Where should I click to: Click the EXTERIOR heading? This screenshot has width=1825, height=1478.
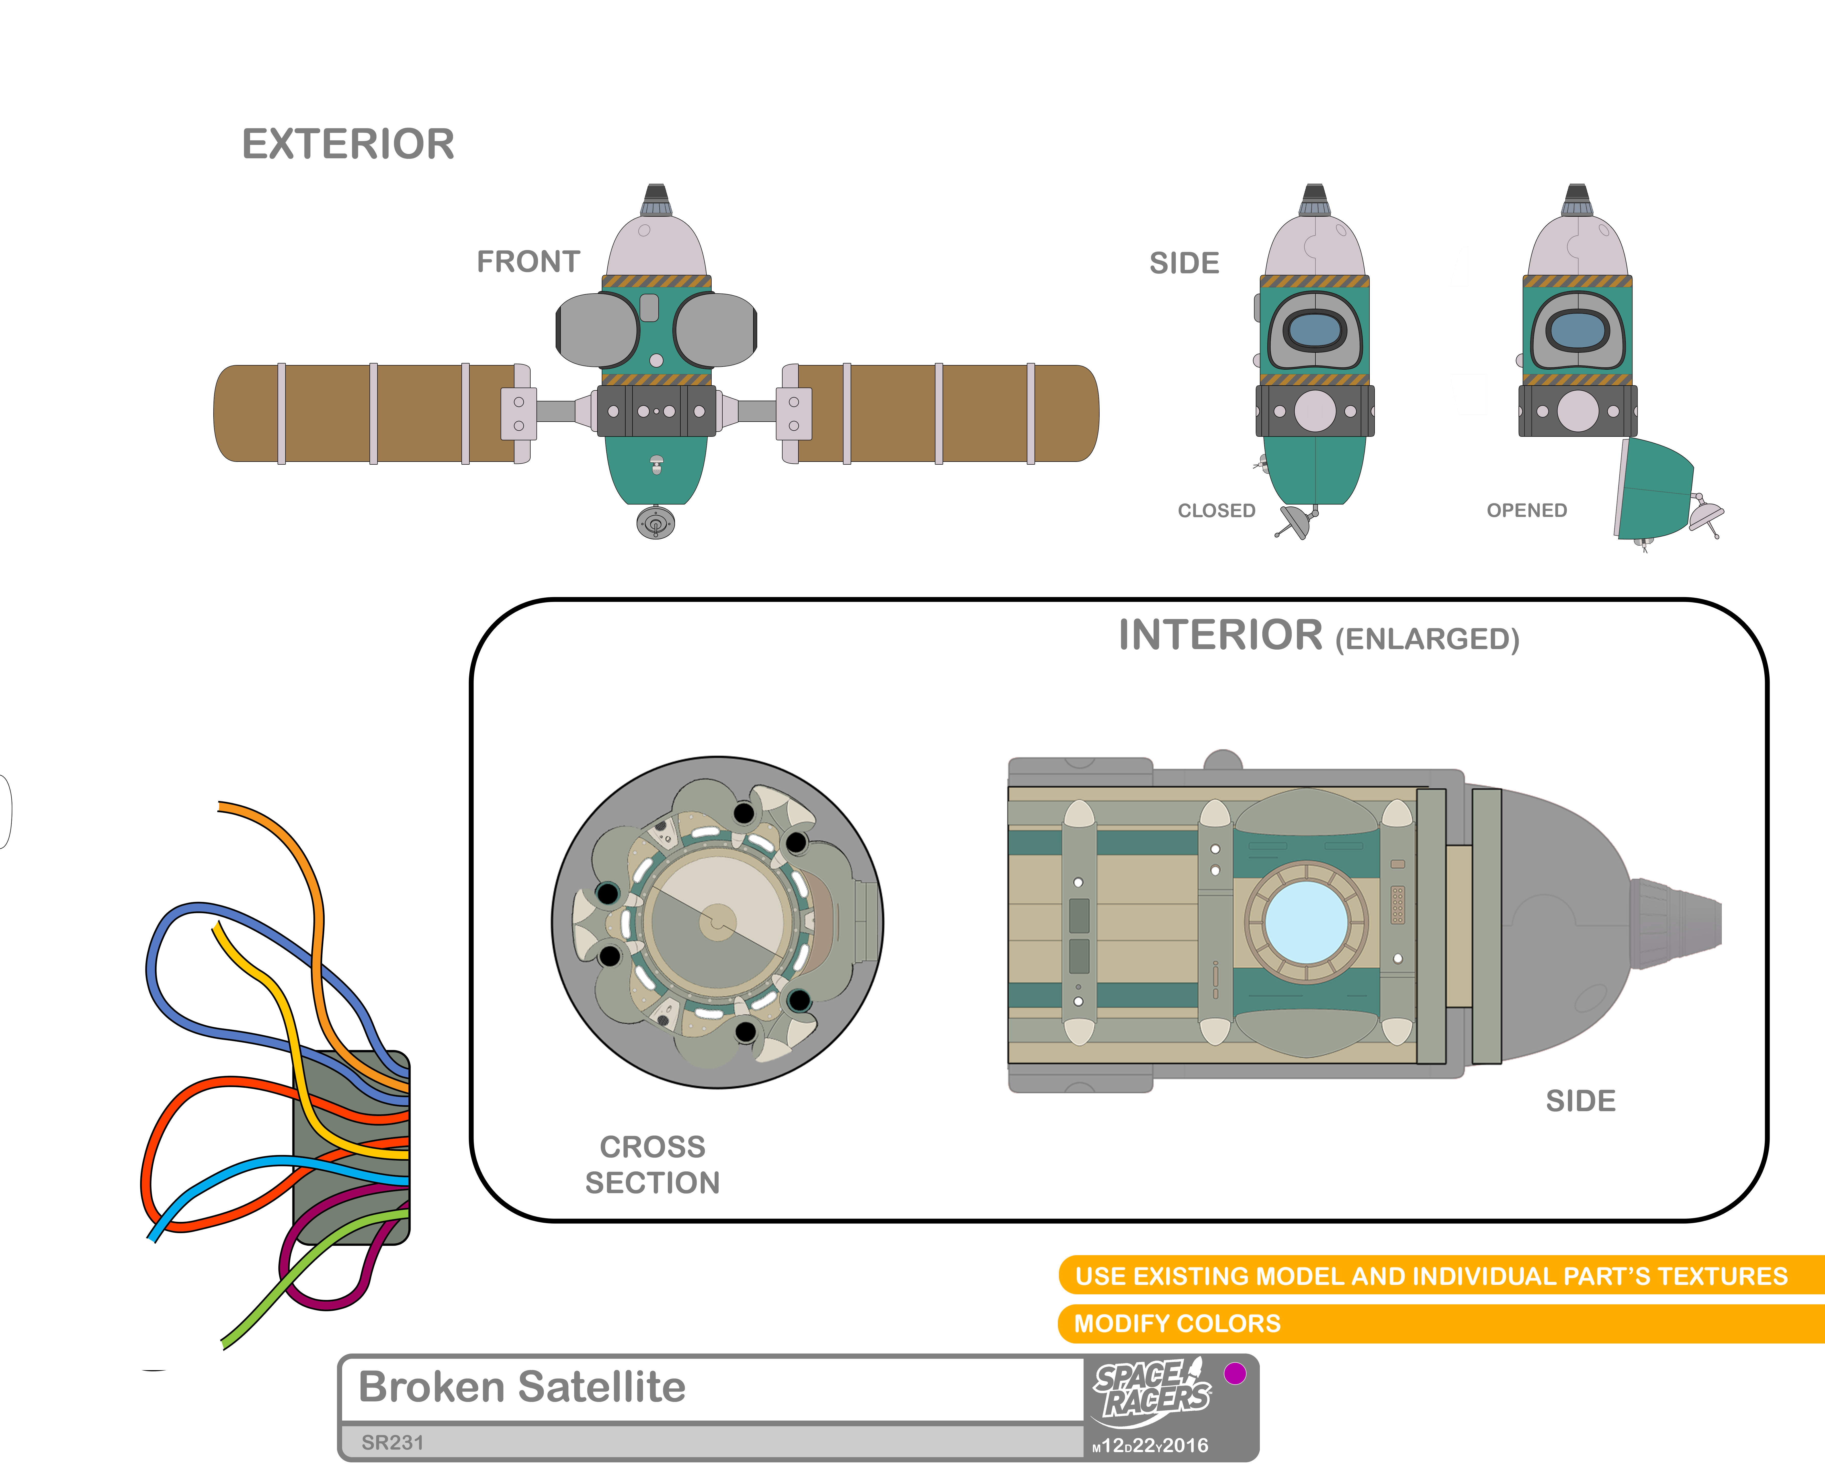348,144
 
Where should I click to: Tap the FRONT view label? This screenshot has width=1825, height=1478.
528,261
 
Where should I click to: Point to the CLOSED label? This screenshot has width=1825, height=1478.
1216,511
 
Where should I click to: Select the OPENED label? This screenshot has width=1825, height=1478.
1526,511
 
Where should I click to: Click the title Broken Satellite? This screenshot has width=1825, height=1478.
522,1387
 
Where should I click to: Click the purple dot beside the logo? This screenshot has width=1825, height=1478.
1234,1373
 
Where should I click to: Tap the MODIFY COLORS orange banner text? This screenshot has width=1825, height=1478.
1177,1324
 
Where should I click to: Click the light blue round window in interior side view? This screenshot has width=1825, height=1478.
1306,922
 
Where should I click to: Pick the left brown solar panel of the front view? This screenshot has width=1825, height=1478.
366,414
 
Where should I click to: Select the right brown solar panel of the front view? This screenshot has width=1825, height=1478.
945,414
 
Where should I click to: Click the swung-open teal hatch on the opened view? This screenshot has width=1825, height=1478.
1655,490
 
